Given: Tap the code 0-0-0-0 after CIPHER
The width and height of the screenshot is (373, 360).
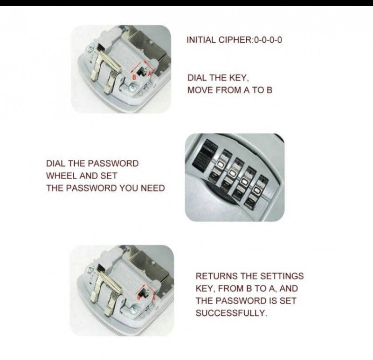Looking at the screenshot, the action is point(268,40).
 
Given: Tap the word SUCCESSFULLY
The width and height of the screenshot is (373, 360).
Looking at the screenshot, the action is point(231,313).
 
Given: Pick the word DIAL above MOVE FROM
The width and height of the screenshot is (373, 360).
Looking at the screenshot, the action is point(197,78).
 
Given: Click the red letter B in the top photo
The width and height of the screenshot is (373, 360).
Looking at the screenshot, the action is point(134,77).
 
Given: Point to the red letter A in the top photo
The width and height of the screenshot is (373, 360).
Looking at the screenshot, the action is point(150,73).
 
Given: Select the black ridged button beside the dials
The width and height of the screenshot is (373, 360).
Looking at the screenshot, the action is point(204,156).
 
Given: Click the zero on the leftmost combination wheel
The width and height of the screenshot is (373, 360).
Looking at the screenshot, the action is point(220,164).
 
